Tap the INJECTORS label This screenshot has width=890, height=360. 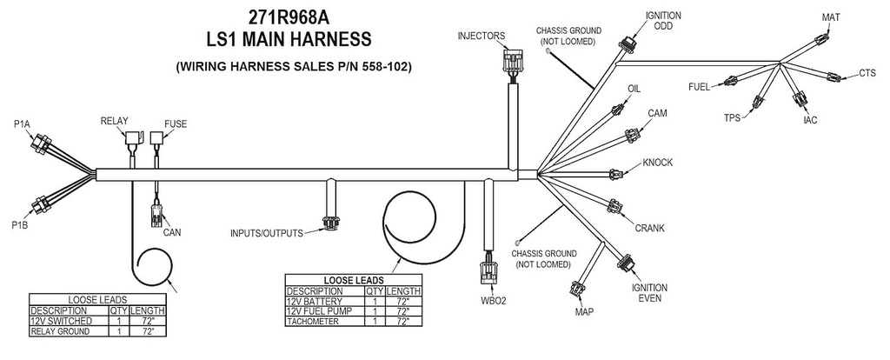[482, 36]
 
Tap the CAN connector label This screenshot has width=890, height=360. [172, 232]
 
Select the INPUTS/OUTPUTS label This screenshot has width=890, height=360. [266, 234]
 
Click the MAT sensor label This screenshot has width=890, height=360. [831, 17]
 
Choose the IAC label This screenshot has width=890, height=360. [810, 119]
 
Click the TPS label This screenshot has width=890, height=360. [733, 117]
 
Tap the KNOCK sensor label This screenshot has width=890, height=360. [658, 163]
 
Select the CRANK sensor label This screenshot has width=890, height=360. [648, 228]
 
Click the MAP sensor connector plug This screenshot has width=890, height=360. [577, 288]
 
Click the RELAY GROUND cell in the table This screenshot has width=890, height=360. [60, 331]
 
